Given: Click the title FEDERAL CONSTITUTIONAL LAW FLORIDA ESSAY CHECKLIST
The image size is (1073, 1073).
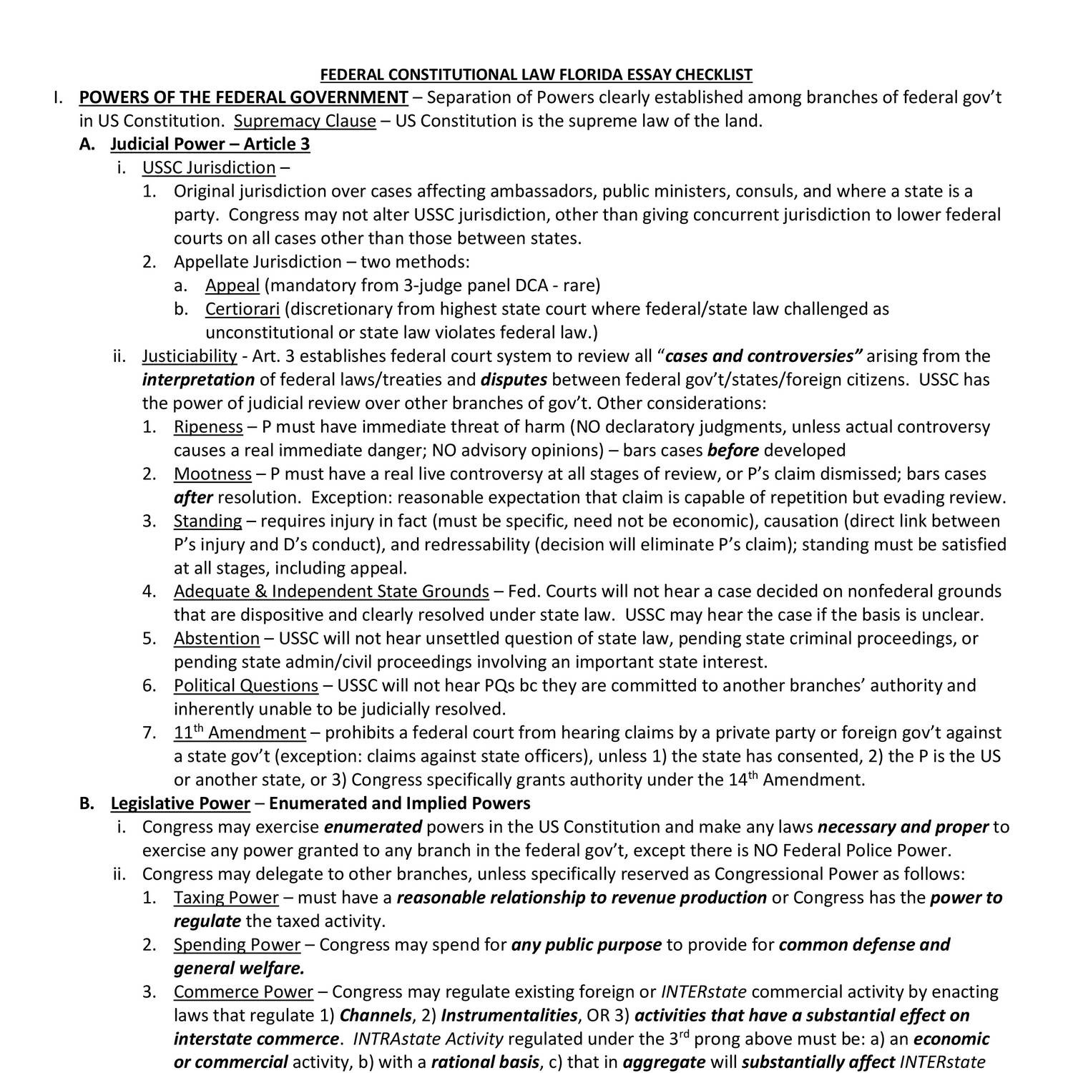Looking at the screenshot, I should click(536, 74).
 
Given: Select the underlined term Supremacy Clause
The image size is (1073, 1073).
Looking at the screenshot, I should click(305, 121).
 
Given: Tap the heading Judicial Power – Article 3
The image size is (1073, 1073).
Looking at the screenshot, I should click(210, 144).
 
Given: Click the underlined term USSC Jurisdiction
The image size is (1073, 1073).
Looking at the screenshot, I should click(209, 168).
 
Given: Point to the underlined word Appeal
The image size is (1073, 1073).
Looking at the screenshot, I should click(232, 286).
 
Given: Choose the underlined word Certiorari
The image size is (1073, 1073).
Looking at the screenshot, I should click(242, 310).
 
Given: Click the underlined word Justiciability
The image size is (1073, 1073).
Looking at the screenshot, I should click(190, 356).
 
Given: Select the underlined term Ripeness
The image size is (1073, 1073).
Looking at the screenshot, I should click(208, 427).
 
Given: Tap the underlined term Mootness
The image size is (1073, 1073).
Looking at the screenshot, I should click(212, 474).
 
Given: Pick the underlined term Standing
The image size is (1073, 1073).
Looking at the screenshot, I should click(207, 521).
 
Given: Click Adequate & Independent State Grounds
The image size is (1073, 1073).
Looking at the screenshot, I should click(331, 592).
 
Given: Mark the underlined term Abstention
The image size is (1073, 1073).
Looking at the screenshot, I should click(216, 639).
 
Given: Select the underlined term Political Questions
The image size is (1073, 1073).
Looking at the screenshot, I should click(245, 686).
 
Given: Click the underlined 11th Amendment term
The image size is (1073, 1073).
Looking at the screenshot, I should click(240, 733).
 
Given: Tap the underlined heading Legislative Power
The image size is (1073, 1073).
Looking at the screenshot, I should click(180, 804).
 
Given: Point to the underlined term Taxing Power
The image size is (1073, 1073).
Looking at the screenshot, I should click(226, 898).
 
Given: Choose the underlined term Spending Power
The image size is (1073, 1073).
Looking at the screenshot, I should click(237, 945).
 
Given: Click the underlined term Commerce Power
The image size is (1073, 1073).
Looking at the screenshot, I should click(243, 992).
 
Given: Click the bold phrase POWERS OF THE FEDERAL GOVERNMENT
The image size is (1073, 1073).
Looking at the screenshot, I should click(243, 98).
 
